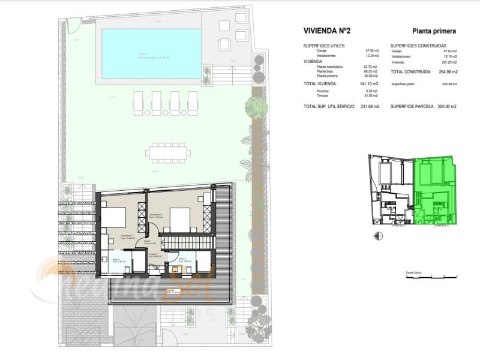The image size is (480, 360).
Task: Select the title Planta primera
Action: tap(434, 30)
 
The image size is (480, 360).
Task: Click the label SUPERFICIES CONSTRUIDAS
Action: tap(418, 46)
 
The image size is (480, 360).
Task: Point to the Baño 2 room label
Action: tap(186, 261)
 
